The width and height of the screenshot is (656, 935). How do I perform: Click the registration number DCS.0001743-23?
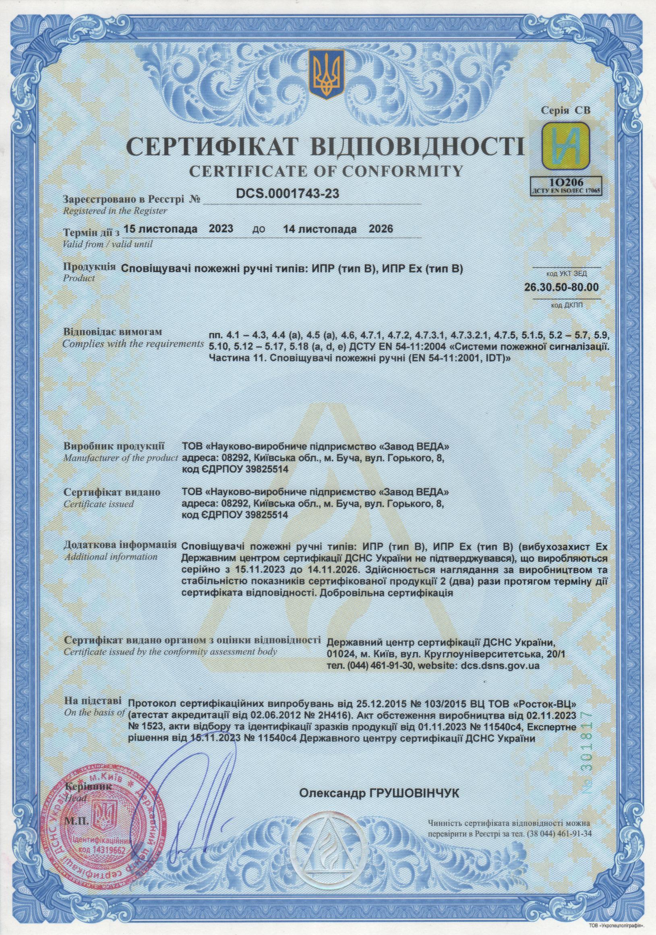pos(287,194)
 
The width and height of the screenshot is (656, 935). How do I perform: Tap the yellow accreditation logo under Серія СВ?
pos(565,146)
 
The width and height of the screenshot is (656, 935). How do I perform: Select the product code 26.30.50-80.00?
pos(561,287)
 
